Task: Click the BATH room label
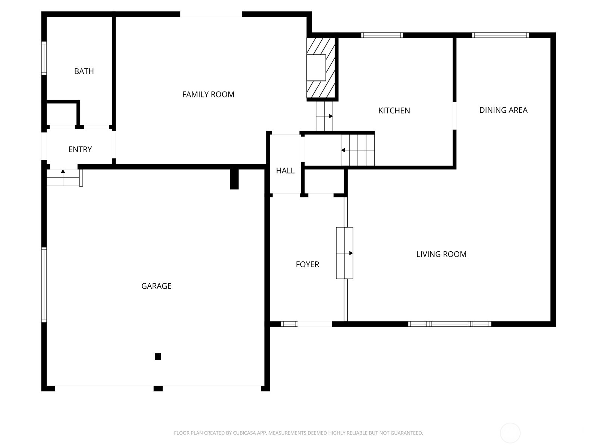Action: coord(84,71)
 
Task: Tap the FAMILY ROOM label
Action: coord(208,94)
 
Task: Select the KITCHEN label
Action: coord(394,111)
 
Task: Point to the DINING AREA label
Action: coord(503,110)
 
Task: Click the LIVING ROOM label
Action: coord(441,254)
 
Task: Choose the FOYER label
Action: coord(307,264)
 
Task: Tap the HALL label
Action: coord(285,171)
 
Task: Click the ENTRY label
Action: coord(80,149)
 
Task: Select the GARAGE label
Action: coord(156,286)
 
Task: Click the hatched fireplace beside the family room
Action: coord(321,68)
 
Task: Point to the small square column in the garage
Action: coord(158,356)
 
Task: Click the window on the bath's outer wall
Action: coord(44,58)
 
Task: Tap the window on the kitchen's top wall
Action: coord(382,35)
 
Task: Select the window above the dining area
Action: coord(500,35)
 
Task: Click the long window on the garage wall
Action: coord(44,285)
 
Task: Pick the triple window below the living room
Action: coord(450,324)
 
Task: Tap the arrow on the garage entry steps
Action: coord(63,178)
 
